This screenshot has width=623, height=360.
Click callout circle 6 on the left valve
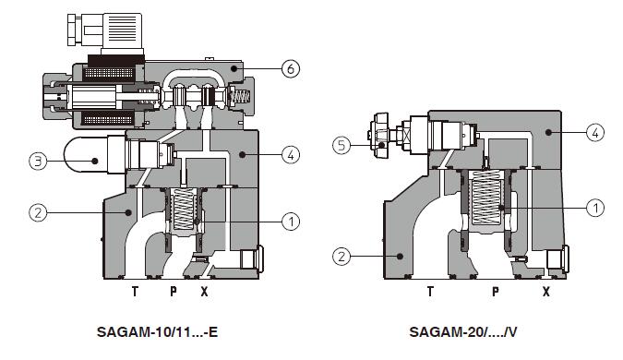pos(291,68)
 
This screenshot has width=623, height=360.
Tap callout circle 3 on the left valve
pos(38,161)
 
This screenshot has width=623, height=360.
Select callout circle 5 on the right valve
pos(341,146)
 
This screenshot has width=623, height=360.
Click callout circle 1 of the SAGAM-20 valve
pos(595,208)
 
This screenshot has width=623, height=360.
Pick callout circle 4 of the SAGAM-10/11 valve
pos(291,154)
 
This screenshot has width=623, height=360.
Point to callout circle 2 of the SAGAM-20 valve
pos(341,257)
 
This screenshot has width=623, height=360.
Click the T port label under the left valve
pos(135,292)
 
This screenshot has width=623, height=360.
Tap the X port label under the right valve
pos(546,292)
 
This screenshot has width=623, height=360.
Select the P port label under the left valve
pos(174,292)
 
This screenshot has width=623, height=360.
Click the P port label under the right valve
pos(496,292)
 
